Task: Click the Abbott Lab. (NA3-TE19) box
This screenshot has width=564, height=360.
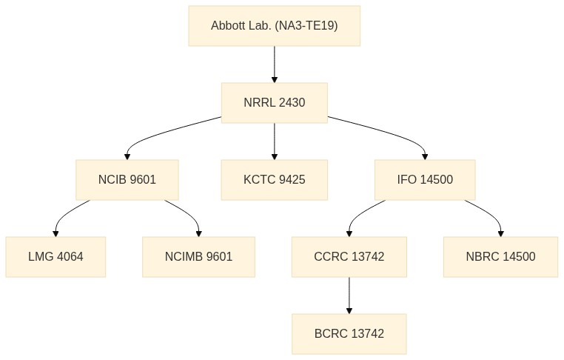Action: pos(275,26)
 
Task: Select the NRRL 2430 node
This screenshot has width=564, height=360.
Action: pos(275,103)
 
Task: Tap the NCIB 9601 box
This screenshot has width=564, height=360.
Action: pos(127,180)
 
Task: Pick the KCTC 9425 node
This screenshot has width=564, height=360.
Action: pos(275,180)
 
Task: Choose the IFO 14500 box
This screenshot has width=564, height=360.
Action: pos(425,180)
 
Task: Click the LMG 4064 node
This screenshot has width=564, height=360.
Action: pos(56,257)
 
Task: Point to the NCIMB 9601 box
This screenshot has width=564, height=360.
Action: pos(198,257)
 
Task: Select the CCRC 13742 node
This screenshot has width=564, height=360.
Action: pos(349,257)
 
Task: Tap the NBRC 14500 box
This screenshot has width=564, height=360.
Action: pos(500,257)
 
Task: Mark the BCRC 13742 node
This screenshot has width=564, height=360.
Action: pos(349,334)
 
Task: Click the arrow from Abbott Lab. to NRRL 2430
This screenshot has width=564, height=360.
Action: pos(275,64)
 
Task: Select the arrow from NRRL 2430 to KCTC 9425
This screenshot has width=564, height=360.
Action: pos(275,141)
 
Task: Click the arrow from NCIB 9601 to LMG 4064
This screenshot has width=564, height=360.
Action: pos(64,216)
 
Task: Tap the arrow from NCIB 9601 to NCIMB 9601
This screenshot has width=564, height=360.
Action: pos(190,216)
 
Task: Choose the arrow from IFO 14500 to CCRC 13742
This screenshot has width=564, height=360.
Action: pos(358,216)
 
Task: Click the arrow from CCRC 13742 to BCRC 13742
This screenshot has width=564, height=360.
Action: pos(349,296)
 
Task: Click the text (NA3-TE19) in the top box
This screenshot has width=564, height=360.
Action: pos(306,26)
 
